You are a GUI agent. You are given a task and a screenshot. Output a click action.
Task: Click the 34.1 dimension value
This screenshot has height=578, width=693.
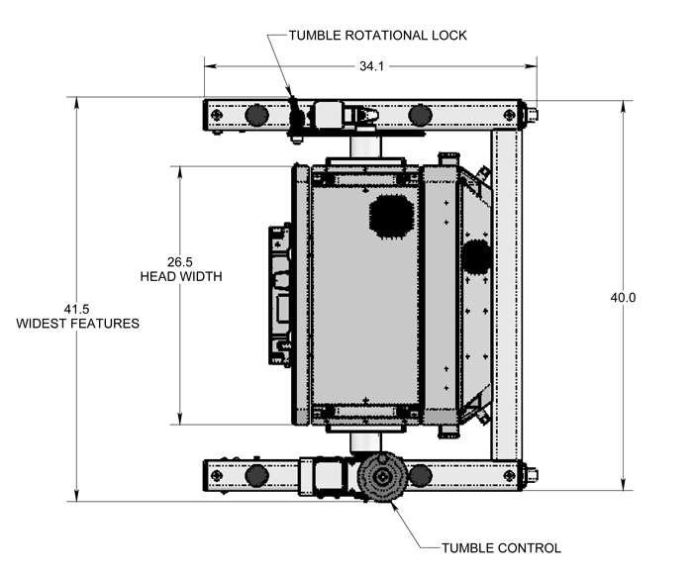[370, 66]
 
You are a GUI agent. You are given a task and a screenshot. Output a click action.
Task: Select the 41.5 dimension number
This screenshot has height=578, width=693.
[77, 308]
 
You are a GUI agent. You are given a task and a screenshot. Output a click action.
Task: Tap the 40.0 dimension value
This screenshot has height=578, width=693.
[623, 297]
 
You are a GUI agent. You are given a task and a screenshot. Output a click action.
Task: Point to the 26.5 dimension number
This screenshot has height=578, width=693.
[180, 262]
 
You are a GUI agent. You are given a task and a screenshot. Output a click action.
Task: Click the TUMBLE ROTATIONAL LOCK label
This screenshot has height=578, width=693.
[377, 36]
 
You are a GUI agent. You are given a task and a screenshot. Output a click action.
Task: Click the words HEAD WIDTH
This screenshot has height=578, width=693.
[181, 277]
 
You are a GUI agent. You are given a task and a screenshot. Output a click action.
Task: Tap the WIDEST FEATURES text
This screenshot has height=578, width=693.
[78, 324]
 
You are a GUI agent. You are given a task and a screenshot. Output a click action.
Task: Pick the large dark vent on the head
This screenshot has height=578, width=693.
[390, 214]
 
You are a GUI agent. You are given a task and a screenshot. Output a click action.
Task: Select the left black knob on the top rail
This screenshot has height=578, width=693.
[256, 115]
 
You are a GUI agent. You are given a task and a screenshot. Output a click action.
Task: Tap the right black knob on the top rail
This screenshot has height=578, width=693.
[421, 115]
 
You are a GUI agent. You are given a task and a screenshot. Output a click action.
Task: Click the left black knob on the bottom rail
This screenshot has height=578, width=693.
[256, 475]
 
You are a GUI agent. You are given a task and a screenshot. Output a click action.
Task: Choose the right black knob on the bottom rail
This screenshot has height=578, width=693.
[421, 475]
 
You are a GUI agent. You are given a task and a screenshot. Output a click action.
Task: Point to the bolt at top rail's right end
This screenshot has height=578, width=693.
[532, 115]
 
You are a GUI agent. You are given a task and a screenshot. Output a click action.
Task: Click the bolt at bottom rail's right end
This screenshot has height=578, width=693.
[532, 475]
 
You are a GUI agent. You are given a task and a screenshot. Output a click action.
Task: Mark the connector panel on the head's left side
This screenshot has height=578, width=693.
[280, 295]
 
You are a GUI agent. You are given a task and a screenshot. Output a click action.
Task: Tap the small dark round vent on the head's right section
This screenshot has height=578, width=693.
[476, 256]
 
